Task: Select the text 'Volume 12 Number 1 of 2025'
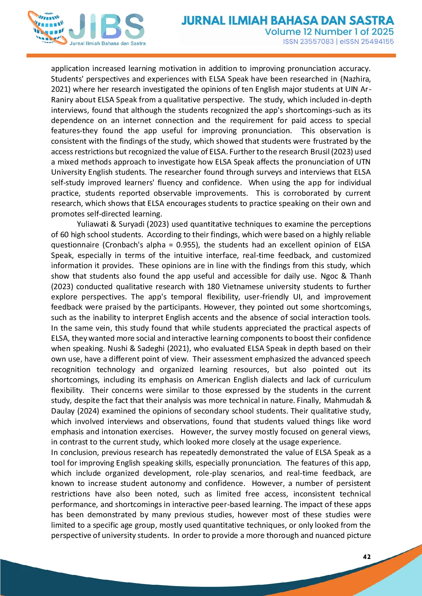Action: pyautogui.click(x=329, y=32)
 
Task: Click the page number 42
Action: pyautogui.click(x=367, y=557)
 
